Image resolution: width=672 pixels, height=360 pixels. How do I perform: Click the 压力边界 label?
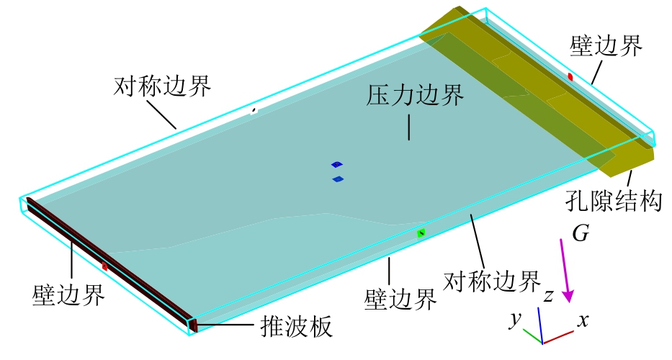tap(414, 95)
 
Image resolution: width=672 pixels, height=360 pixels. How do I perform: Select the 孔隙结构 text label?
tap(614, 200)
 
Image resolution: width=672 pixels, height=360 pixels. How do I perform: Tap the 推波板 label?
tap(297, 327)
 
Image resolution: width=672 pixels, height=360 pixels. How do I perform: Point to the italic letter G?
tap(581, 233)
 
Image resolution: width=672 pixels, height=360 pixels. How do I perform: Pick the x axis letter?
tap(583, 320)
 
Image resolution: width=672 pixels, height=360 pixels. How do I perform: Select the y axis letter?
tap(516, 319)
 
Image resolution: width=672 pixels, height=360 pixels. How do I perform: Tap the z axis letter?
tap(549, 296)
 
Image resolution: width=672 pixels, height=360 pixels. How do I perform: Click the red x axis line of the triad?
tap(558, 337)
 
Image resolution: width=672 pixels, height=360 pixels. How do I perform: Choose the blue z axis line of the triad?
tap(540, 325)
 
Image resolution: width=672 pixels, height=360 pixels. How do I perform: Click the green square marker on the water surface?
tap(421, 233)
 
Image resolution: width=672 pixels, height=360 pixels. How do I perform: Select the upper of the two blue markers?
tap(337, 164)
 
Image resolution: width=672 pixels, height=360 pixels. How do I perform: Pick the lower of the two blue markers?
tap(338, 179)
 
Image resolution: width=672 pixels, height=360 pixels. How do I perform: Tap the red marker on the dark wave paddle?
tap(104, 266)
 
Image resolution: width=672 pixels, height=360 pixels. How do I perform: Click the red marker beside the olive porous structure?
tap(570, 77)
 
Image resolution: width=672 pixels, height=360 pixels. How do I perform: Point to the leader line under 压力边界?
tap(409, 127)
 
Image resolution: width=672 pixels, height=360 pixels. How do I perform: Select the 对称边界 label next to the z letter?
tap(491, 282)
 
